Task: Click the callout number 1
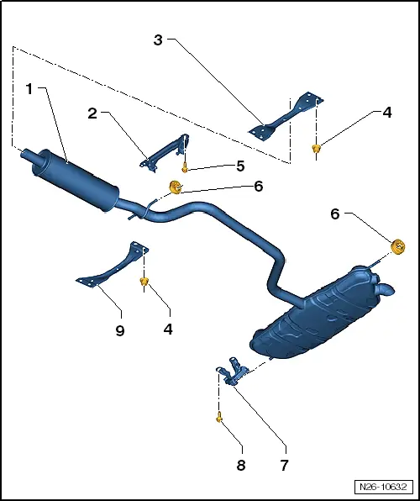(29, 89)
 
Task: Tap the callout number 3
(158, 40)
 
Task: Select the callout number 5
(240, 166)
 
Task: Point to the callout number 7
(284, 465)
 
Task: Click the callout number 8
(241, 465)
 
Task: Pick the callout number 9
(120, 330)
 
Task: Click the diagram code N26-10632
(383, 487)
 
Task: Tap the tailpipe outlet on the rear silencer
(387, 289)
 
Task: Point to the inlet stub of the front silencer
(27, 156)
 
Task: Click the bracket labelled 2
(165, 154)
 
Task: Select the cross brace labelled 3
(286, 116)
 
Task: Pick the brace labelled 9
(113, 266)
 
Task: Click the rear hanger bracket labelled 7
(234, 372)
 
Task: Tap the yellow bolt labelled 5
(184, 167)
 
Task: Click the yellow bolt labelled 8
(219, 417)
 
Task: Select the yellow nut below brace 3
(316, 148)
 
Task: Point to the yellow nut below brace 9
(144, 282)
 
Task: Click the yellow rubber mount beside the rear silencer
(398, 246)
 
